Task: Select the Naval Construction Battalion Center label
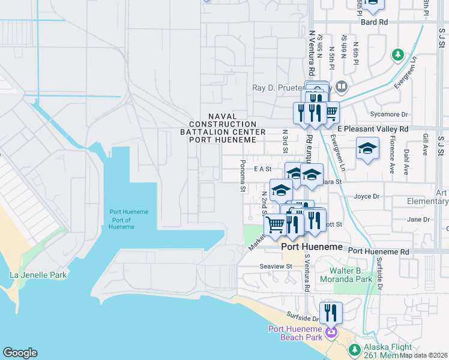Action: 223,128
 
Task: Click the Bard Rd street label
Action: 375,22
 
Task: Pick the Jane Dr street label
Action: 418,220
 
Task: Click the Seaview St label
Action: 276,266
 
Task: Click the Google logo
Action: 20,353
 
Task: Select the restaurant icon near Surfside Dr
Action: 331,313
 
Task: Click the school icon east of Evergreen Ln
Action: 368,148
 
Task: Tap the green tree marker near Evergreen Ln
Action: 397,55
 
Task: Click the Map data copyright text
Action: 424,355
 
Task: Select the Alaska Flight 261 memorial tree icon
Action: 355,349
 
